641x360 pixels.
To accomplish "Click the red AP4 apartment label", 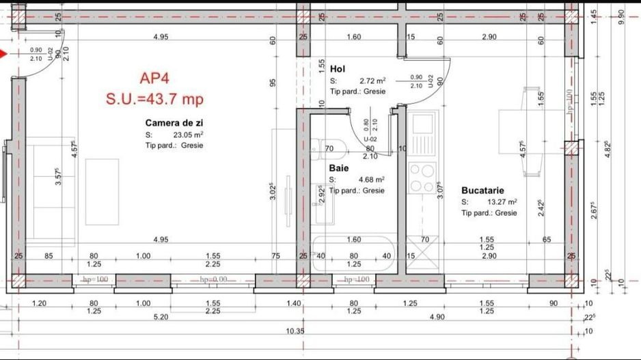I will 154,78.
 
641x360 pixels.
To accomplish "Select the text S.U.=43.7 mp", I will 154,99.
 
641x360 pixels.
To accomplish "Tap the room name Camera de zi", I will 174,123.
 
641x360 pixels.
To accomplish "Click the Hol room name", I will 337,69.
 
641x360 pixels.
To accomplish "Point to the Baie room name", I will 339,167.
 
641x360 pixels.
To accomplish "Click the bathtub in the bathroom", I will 352,255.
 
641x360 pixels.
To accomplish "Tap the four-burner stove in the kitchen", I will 422,178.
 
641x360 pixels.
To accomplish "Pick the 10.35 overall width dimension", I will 295,331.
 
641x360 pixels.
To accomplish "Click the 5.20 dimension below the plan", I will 161,317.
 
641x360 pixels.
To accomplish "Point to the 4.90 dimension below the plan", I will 437,317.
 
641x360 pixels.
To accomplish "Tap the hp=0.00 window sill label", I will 213,280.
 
